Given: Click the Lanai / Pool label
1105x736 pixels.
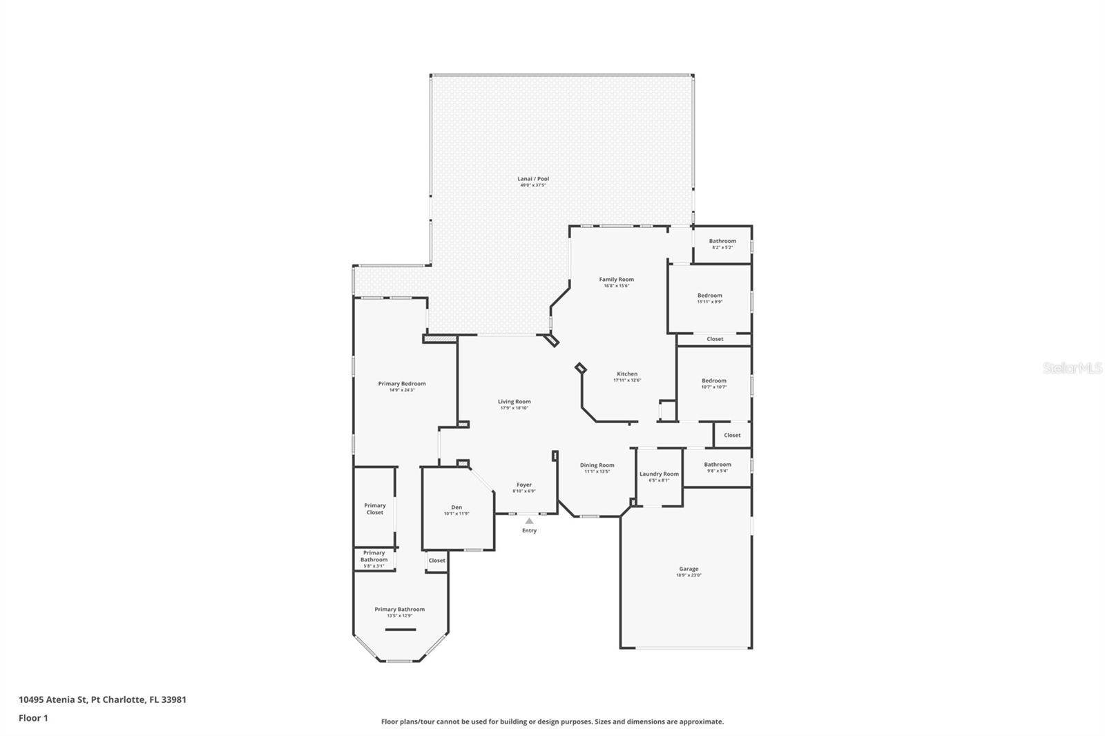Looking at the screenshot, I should (x=533, y=179).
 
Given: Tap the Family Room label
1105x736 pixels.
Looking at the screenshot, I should (x=616, y=280).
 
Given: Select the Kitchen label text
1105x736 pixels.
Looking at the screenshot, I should (x=627, y=374).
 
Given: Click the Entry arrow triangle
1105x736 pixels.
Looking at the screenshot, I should (x=529, y=521).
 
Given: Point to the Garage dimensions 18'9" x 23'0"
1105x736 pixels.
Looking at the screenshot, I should (x=688, y=575).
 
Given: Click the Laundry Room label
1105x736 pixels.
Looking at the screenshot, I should (x=659, y=474).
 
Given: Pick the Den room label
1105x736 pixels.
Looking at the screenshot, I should (x=457, y=507).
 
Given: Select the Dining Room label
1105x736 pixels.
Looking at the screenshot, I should (x=597, y=465).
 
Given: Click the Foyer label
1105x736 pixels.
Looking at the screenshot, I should (x=524, y=485).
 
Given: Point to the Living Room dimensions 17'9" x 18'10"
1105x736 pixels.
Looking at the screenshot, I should (x=515, y=408).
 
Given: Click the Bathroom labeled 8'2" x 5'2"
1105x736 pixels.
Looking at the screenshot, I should (x=722, y=242).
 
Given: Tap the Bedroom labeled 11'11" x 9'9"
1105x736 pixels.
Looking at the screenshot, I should (x=709, y=296).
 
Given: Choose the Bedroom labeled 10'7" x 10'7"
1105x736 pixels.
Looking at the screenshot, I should (x=714, y=381).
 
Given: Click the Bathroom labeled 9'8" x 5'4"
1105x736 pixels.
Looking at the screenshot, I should (x=718, y=465).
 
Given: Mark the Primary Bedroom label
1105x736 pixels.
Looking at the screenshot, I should (x=402, y=384).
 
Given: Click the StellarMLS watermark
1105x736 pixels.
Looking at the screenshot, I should (x=1072, y=368).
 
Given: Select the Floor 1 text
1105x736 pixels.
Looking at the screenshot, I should (x=33, y=718).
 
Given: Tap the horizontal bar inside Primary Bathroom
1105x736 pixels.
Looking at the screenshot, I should (x=401, y=630).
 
